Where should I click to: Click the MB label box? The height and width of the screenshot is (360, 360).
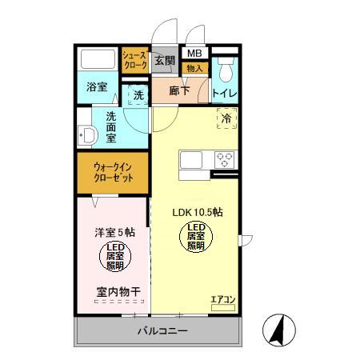pyautogui.click(x=194, y=54)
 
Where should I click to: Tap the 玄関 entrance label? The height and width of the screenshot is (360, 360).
pyautogui.click(x=165, y=61)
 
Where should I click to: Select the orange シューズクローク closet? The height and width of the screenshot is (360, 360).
pyautogui.click(x=134, y=61)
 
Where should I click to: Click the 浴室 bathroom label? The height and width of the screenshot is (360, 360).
pyautogui.click(x=97, y=86)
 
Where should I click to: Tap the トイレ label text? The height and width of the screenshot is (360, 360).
pyautogui.click(x=223, y=93)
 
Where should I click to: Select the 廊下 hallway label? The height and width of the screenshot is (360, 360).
pyautogui.click(x=179, y=91)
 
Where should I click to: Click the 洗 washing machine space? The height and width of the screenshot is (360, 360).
pyautogui.click(x=138, y=95)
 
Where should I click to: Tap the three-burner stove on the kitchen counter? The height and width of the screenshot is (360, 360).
pyautogui.click(x=224, y=158)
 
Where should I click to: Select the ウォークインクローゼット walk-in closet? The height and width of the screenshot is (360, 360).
pyautogui.click(x=113, y=173)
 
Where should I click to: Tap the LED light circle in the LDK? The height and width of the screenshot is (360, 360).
pyautogui.click(x=197, y=238)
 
